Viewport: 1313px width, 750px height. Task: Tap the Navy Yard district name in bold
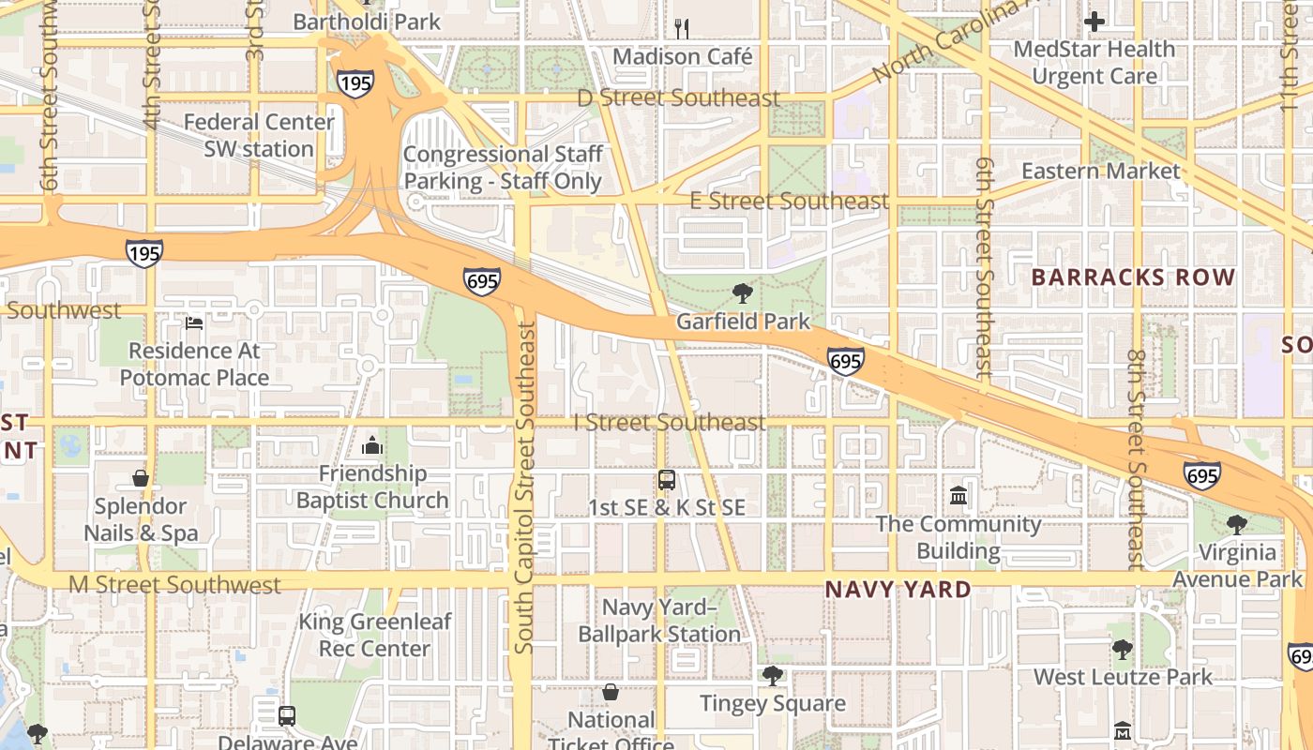[898, 590]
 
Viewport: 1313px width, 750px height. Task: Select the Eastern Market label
[1100, 172]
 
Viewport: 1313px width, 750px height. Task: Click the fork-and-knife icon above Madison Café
[682, 28]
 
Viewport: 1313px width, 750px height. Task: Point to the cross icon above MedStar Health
[1094, 21]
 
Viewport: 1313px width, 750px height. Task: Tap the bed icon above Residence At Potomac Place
[194, 323]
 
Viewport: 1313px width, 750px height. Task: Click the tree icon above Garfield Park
[743, 293]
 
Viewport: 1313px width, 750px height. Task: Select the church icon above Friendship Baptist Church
[372, 445]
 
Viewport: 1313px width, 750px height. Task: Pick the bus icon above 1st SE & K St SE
[667, 480]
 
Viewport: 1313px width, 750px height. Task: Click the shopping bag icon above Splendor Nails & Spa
[141, 478]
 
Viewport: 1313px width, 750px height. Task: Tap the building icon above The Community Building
[958, 495]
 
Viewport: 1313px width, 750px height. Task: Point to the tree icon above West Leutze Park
[1122, 649]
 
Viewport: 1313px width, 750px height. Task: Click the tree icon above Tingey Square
[773, 675]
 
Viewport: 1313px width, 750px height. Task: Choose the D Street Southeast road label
[678, 98]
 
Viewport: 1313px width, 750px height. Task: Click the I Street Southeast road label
[670, 423]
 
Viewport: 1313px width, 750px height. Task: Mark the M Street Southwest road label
[174, 585]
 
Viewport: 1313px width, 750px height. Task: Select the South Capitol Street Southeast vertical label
[525, 487]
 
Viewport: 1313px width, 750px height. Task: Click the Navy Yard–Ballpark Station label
[659, 621]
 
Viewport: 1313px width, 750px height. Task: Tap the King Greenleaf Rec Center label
[374, 635]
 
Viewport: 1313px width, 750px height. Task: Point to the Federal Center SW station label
[259, 135]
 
